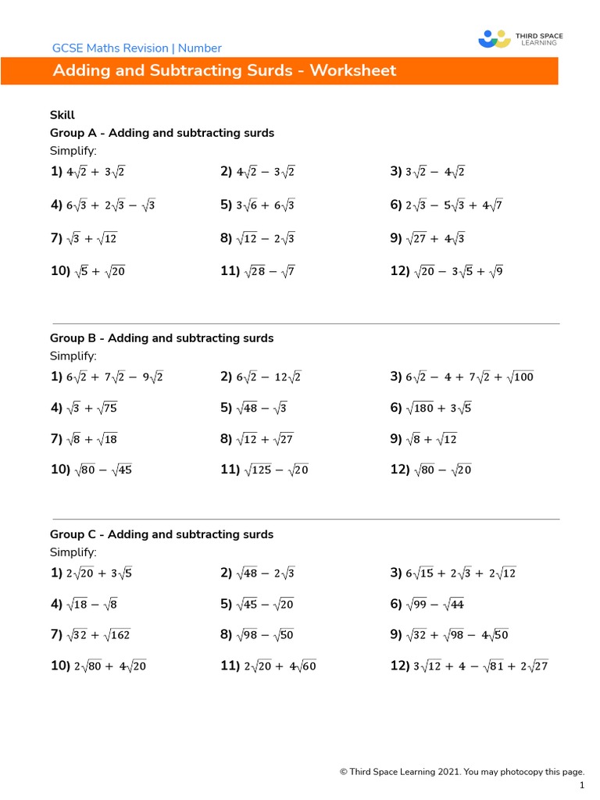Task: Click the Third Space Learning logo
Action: coord(520,39)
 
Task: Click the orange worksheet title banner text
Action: coord(224,71)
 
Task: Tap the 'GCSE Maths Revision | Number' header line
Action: coord(137,48)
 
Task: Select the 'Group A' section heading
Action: coord(162,133)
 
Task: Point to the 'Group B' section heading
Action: coord(162,338)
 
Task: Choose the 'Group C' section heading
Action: coord(162,534)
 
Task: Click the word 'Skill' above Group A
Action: coord(62,115)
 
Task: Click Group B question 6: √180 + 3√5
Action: coord(439,408)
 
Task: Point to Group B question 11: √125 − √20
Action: coord(277,470)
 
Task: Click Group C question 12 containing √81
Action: coord(480,666)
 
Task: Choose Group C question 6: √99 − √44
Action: coord(436,605)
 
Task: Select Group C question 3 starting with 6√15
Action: coord(461,573)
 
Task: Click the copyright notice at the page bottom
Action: coord(462,772)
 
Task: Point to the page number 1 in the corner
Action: coord(582,784)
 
